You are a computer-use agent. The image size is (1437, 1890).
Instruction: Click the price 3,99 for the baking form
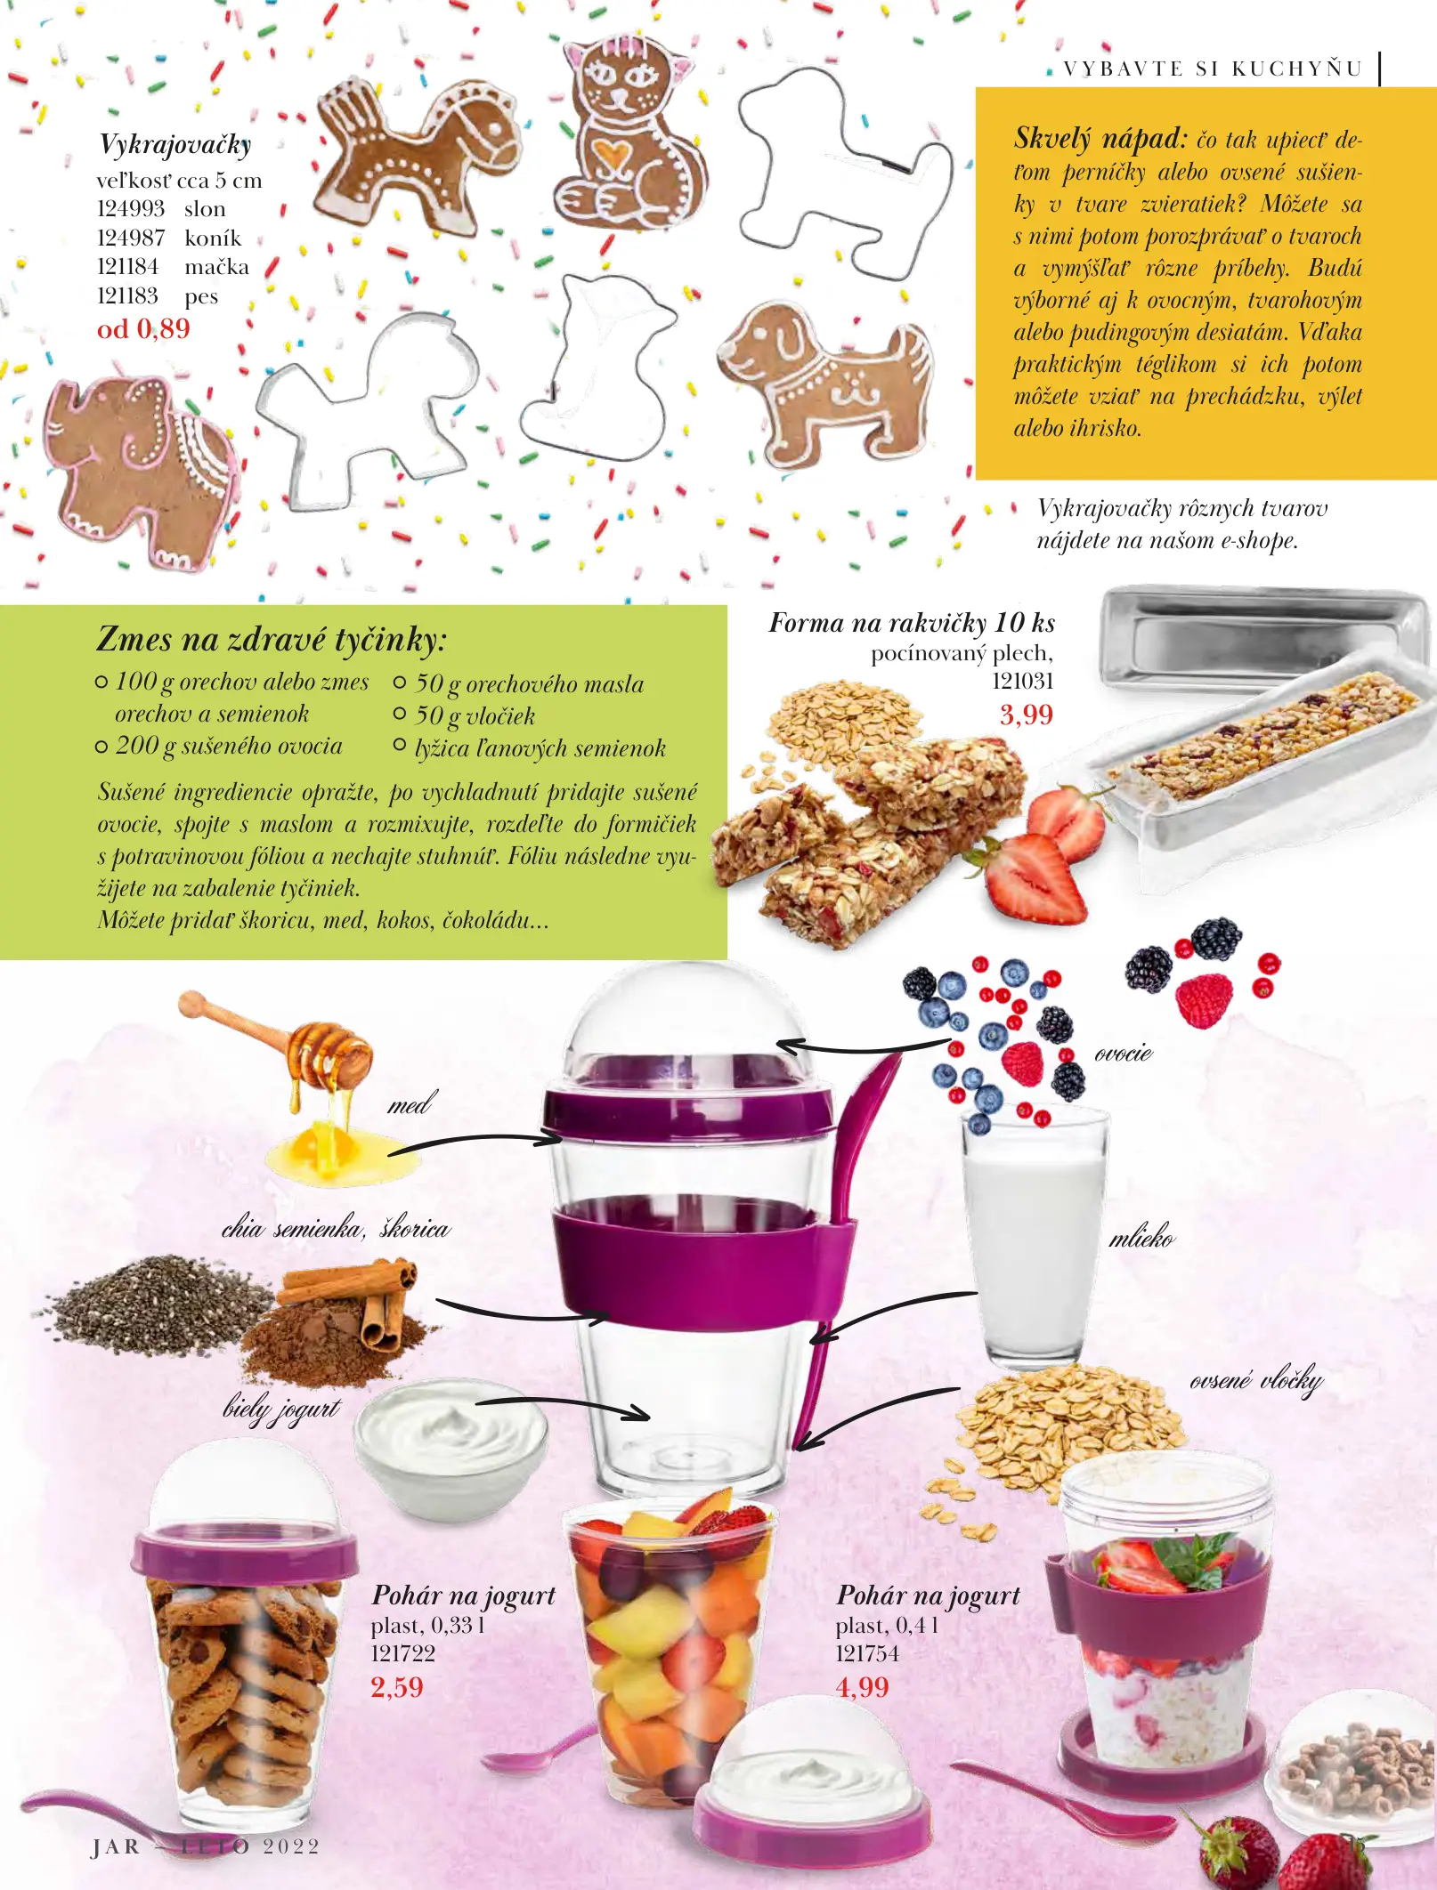(1026, 715)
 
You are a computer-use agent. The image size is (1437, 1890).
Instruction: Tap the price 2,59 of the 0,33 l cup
(397, 1687)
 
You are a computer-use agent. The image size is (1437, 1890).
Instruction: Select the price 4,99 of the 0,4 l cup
(862, 1687)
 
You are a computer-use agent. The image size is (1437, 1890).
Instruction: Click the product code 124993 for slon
(131, 209)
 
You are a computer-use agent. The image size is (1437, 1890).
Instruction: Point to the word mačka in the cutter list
(216, 267)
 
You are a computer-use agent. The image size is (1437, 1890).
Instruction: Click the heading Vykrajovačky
(175, 145)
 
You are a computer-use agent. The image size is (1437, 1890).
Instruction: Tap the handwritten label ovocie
(1124, 1054)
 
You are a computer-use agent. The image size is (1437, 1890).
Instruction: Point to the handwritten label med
(409, 1105)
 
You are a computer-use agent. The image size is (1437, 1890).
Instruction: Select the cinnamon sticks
(358, 1300)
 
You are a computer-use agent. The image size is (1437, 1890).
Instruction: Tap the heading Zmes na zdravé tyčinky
(271, 639)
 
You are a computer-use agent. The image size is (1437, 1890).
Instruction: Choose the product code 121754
(867, 1653)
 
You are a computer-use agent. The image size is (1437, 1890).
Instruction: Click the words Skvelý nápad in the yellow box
(1100, 139)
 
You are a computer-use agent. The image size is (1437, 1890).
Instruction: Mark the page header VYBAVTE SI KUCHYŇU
(1213, 69)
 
